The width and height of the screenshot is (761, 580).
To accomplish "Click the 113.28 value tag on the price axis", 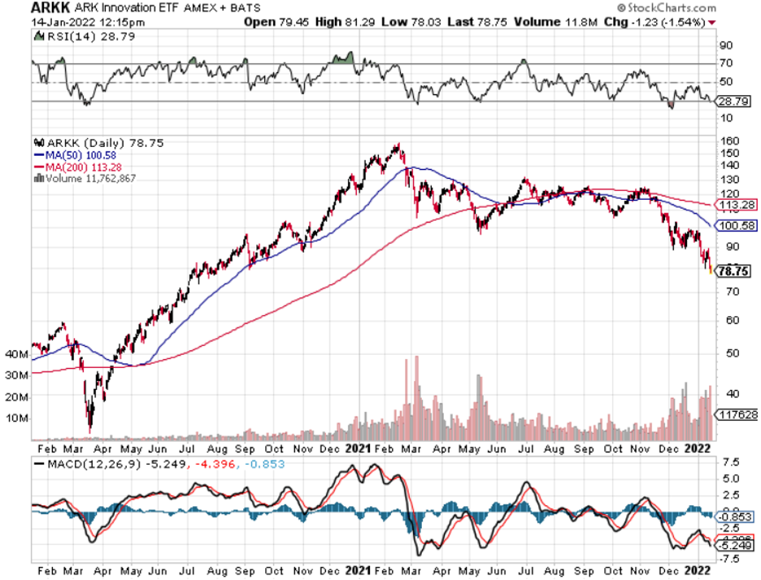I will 734,205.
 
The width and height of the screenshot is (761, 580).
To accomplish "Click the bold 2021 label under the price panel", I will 359,448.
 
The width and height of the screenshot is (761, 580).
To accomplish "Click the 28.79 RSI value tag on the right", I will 734,102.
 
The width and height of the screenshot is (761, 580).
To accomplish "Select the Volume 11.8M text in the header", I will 533,22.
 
